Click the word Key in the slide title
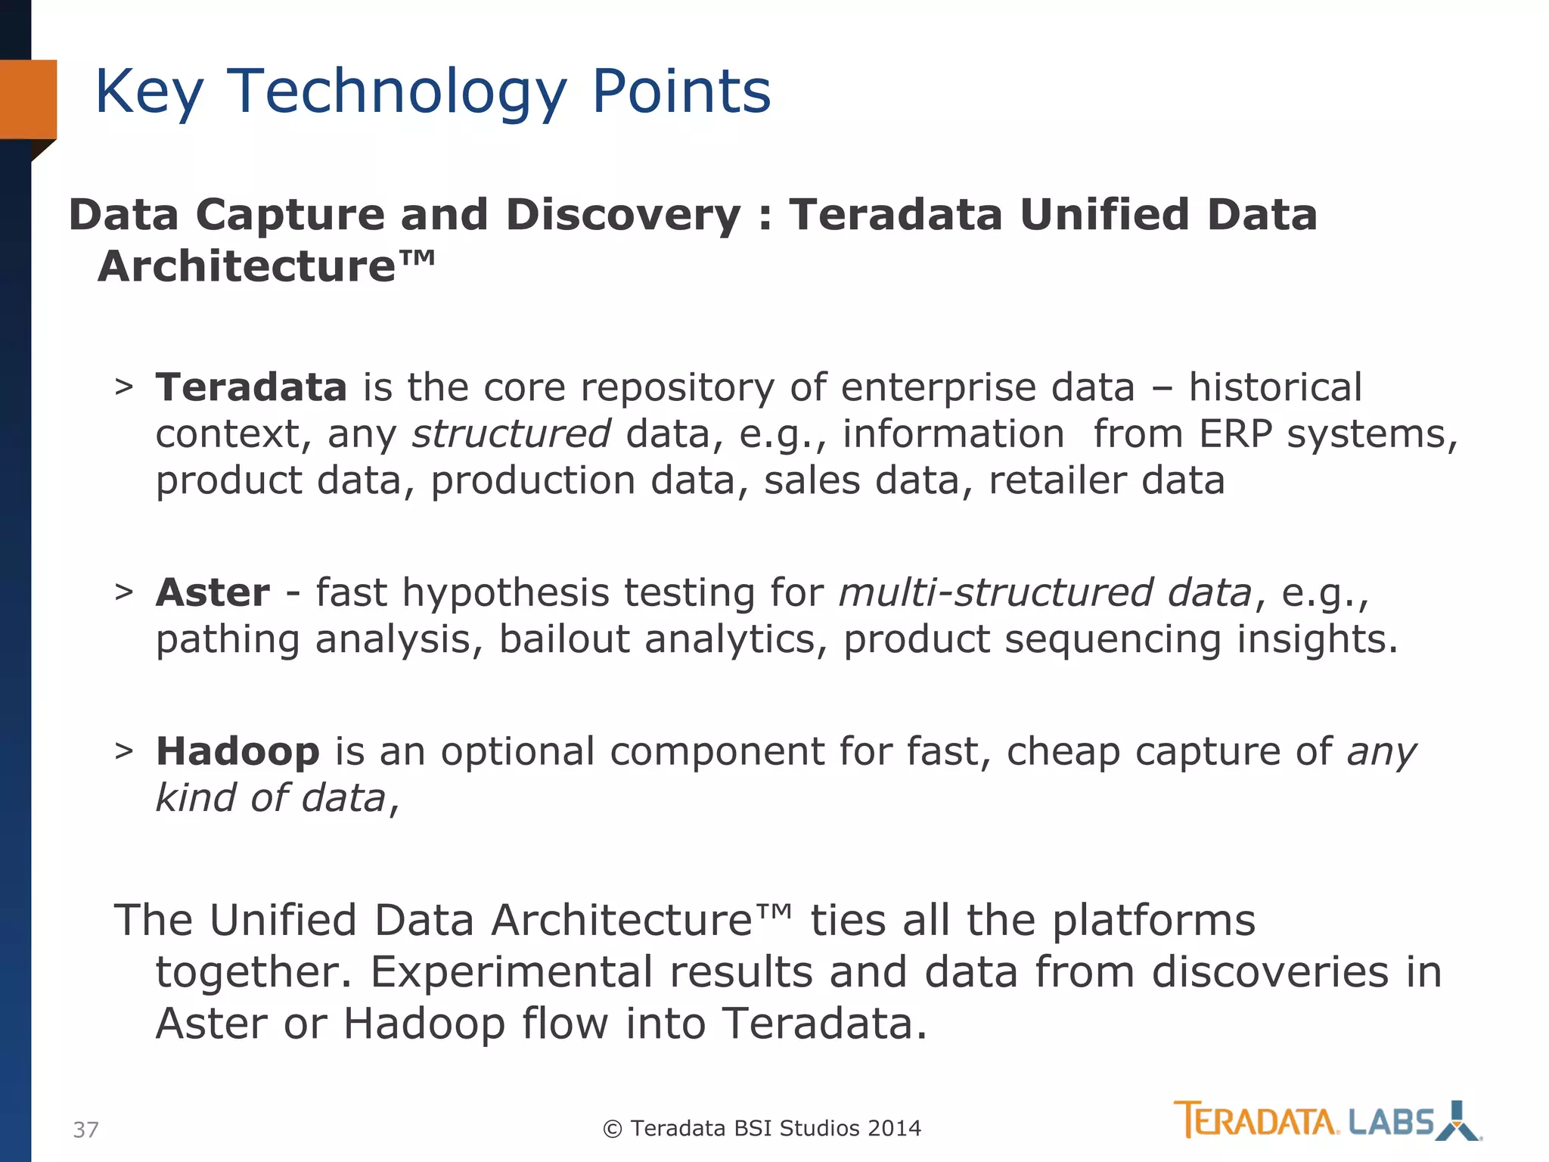[149, 92]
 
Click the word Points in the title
[681, 92]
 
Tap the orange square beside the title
[28, 99]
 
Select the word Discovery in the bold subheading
[623, 215]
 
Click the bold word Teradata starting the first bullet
[251, 387]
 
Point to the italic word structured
[511, 434]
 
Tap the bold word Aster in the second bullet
[213, 592]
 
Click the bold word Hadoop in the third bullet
[237, 752]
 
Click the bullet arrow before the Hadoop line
[124, 751]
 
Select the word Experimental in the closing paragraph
[511, 972]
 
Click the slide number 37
[85, 1129]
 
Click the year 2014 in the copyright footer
[894, 1129]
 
